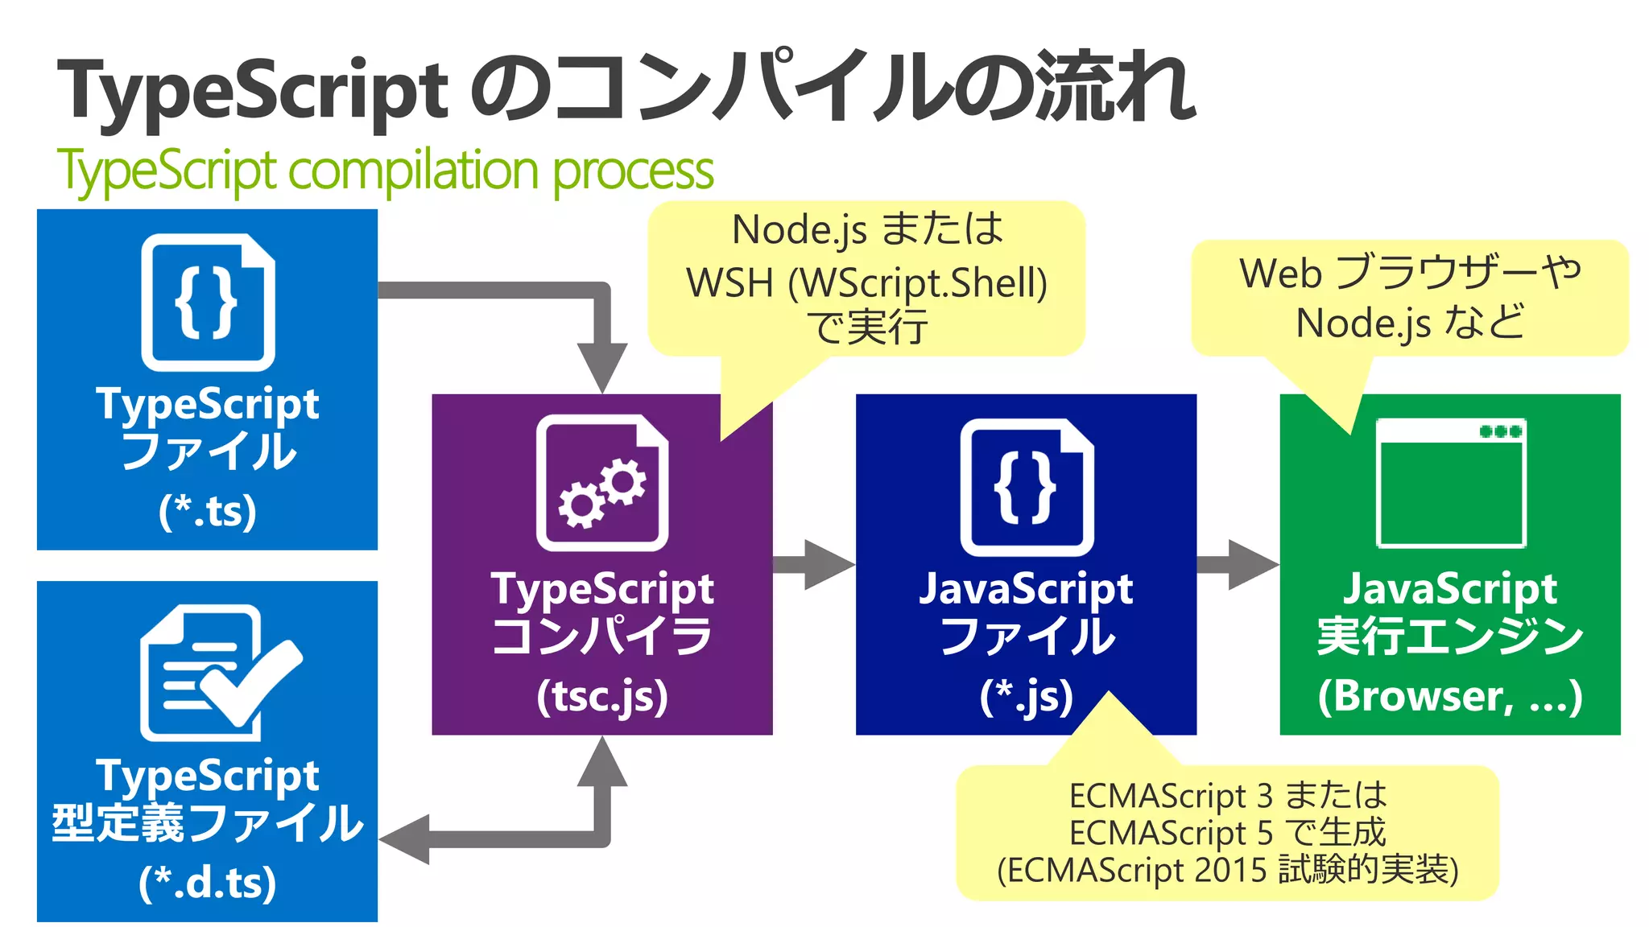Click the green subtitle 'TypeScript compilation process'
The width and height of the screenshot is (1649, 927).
point(385,171)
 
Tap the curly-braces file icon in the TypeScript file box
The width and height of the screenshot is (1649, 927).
point(208,303)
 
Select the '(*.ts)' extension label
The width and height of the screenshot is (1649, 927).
point(208,511)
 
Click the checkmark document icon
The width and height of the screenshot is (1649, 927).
point(217,673)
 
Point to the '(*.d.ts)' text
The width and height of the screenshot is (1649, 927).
point(208,883)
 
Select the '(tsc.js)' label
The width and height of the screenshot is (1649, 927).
point(602,697)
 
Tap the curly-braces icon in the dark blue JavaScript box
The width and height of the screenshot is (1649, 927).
point(1027,487)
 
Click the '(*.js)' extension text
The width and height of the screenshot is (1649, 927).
point(1027,697)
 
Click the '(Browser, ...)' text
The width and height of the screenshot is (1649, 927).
point(1451,697)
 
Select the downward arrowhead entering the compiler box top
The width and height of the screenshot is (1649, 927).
point(602,366)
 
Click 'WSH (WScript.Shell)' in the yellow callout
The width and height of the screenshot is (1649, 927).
point(866,283)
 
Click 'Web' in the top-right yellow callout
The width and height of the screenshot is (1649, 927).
point(1280,274)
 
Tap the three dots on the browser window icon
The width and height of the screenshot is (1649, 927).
point(1500,431)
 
